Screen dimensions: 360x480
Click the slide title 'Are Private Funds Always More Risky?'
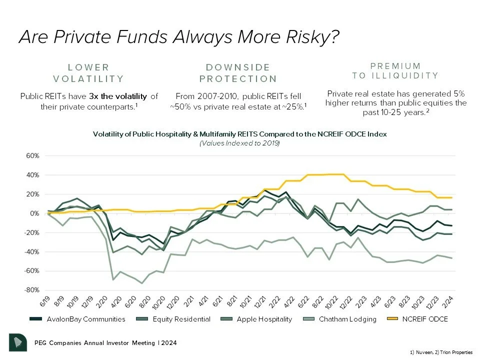coord(179,37)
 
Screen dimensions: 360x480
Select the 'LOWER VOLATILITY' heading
coord(88,73)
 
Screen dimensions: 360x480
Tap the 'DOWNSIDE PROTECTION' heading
coord(238,73)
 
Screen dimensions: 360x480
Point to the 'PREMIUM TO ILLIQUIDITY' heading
coord(395,70)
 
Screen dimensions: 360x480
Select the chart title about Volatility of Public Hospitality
coord(239,134)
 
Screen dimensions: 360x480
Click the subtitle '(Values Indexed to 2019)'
coord(239,143)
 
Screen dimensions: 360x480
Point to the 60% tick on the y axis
coord(32,156)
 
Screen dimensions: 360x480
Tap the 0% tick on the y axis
coord(34,213)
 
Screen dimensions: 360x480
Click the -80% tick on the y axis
coord(31,290)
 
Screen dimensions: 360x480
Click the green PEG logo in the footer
coord(18,342)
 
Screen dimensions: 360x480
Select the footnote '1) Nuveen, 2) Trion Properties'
coord(444,352)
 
